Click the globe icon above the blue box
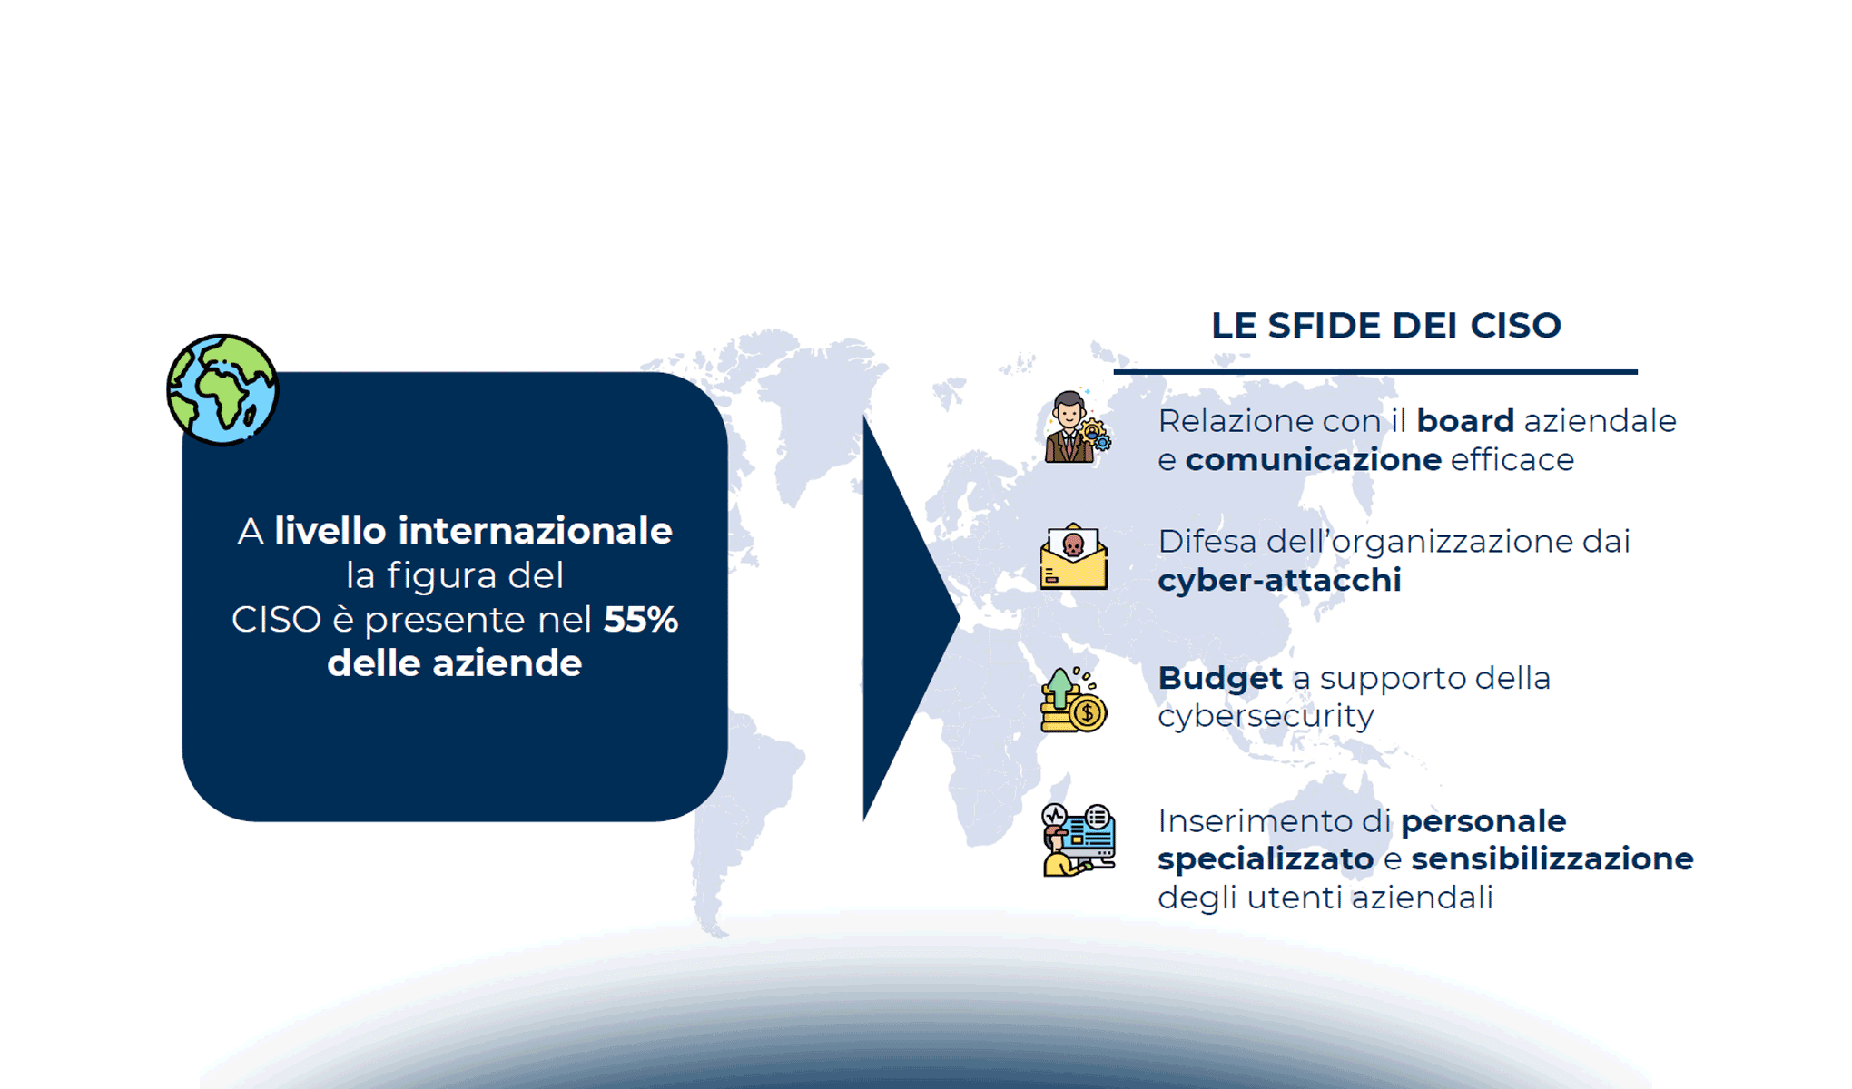point(222,389)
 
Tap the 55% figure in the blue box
point(641,620)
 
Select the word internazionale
point(535,531)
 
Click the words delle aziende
point(454,663)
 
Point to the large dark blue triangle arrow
point(903,617)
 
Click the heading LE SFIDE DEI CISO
point(1385,326)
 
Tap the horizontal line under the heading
point(1374,371)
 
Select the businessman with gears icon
point(1075,428)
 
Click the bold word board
point(1464,421)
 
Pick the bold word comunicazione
point(1313,460)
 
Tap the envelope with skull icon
point(1074,557)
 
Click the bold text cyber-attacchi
point(1279,580)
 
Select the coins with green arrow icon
point(1073,700)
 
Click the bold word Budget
point(1219,678)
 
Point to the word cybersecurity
point(1266,716)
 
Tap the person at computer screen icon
point(1078,840)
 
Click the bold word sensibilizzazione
point(1552,858)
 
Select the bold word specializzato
point(1265,858)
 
